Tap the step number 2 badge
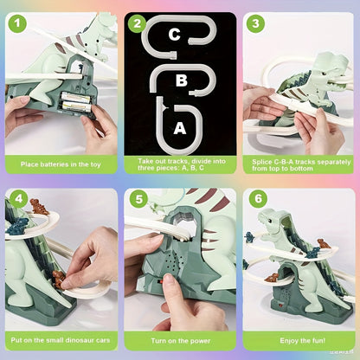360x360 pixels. [x=137, y=24]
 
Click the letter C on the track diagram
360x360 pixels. [x=174, y=35]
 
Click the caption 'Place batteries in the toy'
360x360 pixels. [x=60, y=163]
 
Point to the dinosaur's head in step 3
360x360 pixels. [x=327, y=62]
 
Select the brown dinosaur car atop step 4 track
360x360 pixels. [x=38, y=207]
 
